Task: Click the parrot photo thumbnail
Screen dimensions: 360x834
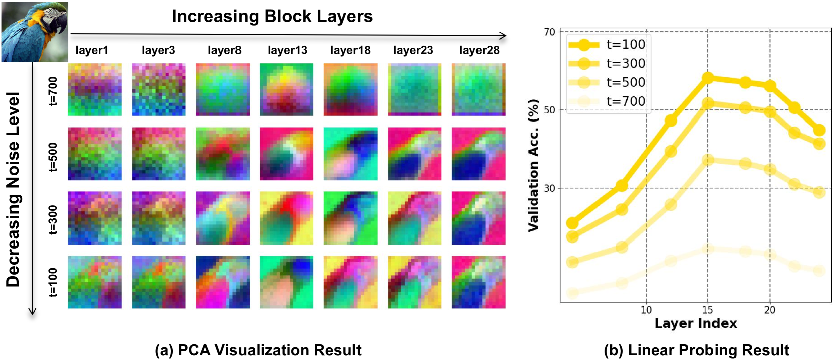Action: [34, 31]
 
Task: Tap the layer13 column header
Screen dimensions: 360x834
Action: [287, 50]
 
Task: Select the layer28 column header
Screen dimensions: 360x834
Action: [479, 50]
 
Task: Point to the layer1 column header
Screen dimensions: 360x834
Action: [92, 50]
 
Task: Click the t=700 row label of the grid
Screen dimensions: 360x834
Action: [53, 91]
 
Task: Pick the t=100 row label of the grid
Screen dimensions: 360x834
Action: [53, 282]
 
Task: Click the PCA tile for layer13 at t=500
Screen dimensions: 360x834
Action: [286, 154]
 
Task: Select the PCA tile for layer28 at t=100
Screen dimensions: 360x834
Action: [479, 282]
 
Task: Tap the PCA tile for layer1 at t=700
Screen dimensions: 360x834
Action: [94, 89]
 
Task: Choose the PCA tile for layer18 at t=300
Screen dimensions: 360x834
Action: [350, 218]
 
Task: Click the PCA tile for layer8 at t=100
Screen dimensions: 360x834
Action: [222, 282]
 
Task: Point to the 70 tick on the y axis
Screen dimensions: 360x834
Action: [549, 32]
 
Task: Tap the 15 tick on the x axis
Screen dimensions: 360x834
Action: [707, 310]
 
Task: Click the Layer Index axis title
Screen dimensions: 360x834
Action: [695, 324]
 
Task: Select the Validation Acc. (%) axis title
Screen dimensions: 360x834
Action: [533, 166]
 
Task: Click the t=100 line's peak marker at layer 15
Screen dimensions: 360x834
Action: [708, 78]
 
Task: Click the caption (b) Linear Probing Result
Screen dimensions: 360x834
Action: [696, 350]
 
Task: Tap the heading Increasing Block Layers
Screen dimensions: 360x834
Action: [272, 16]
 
